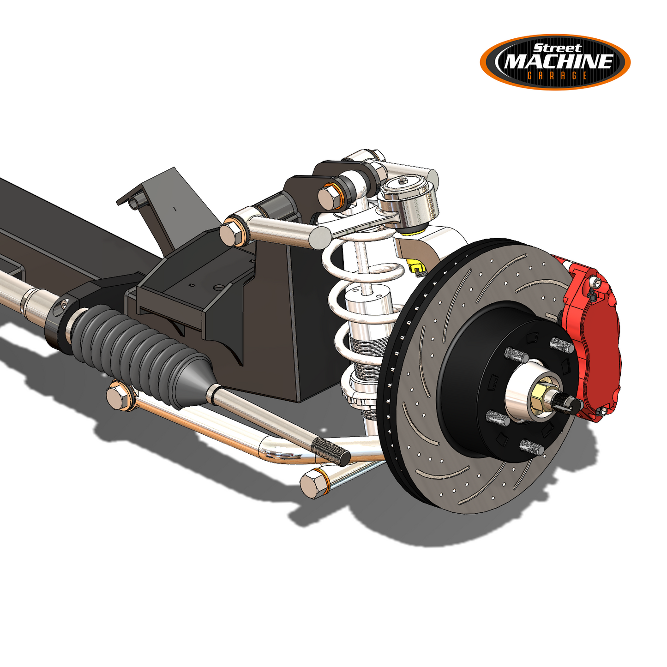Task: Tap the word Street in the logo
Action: [558, 48]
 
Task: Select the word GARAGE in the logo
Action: [557, 76]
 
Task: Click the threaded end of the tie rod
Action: [330, 451]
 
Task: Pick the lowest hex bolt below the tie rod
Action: [314, 483]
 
